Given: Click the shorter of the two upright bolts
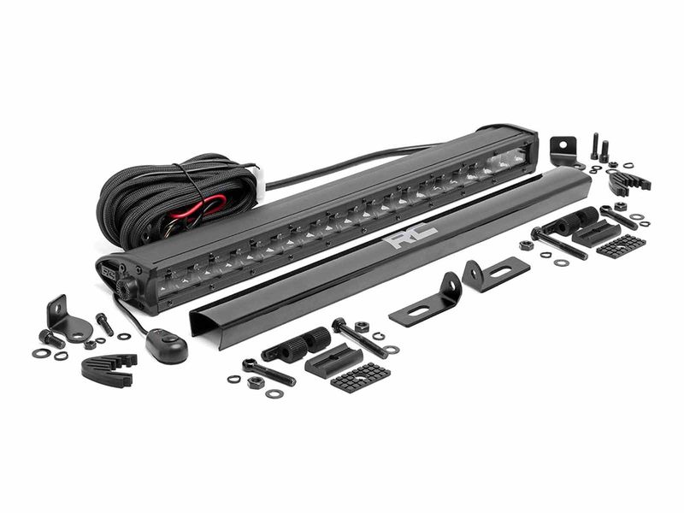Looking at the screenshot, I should tap(604, 151).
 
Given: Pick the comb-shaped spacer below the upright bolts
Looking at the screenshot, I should tap(628, 181).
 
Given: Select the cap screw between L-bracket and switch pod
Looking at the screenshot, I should tap(104, 324).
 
